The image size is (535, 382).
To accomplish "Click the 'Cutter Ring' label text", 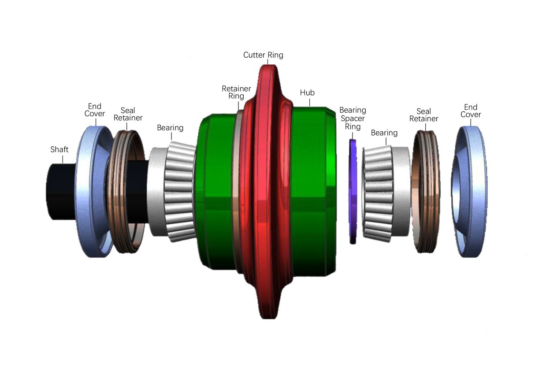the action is (263, 55).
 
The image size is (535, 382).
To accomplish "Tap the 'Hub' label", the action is (307, 93).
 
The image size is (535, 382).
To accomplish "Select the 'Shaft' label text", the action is (59, 149).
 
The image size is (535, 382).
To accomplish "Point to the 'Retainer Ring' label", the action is (236, 93).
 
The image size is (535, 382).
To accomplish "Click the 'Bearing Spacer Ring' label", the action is (353, 119).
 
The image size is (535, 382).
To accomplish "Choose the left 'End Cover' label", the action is (95, 110).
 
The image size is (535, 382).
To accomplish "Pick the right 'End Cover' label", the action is (471, 111).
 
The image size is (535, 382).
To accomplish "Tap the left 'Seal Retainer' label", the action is (128, 114).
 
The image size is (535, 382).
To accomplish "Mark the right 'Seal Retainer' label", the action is (424, 115).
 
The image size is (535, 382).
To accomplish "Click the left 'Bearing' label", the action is (170, 128).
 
